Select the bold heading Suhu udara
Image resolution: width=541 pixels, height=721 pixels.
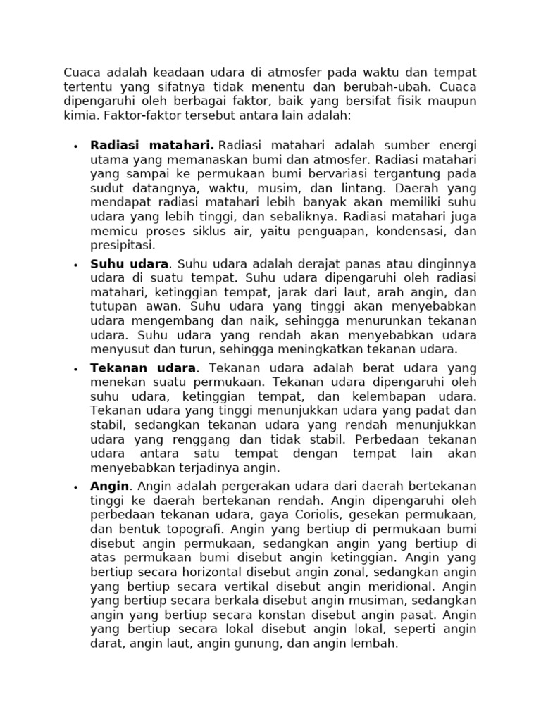130,264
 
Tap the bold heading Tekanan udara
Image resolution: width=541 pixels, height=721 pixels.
143,368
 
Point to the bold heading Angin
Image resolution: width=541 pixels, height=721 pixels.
110,486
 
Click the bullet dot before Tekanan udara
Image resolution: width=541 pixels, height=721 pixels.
75,369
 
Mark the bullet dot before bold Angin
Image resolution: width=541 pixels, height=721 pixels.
75,487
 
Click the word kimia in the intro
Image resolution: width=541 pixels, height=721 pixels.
80,115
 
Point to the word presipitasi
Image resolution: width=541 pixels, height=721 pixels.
121,245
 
